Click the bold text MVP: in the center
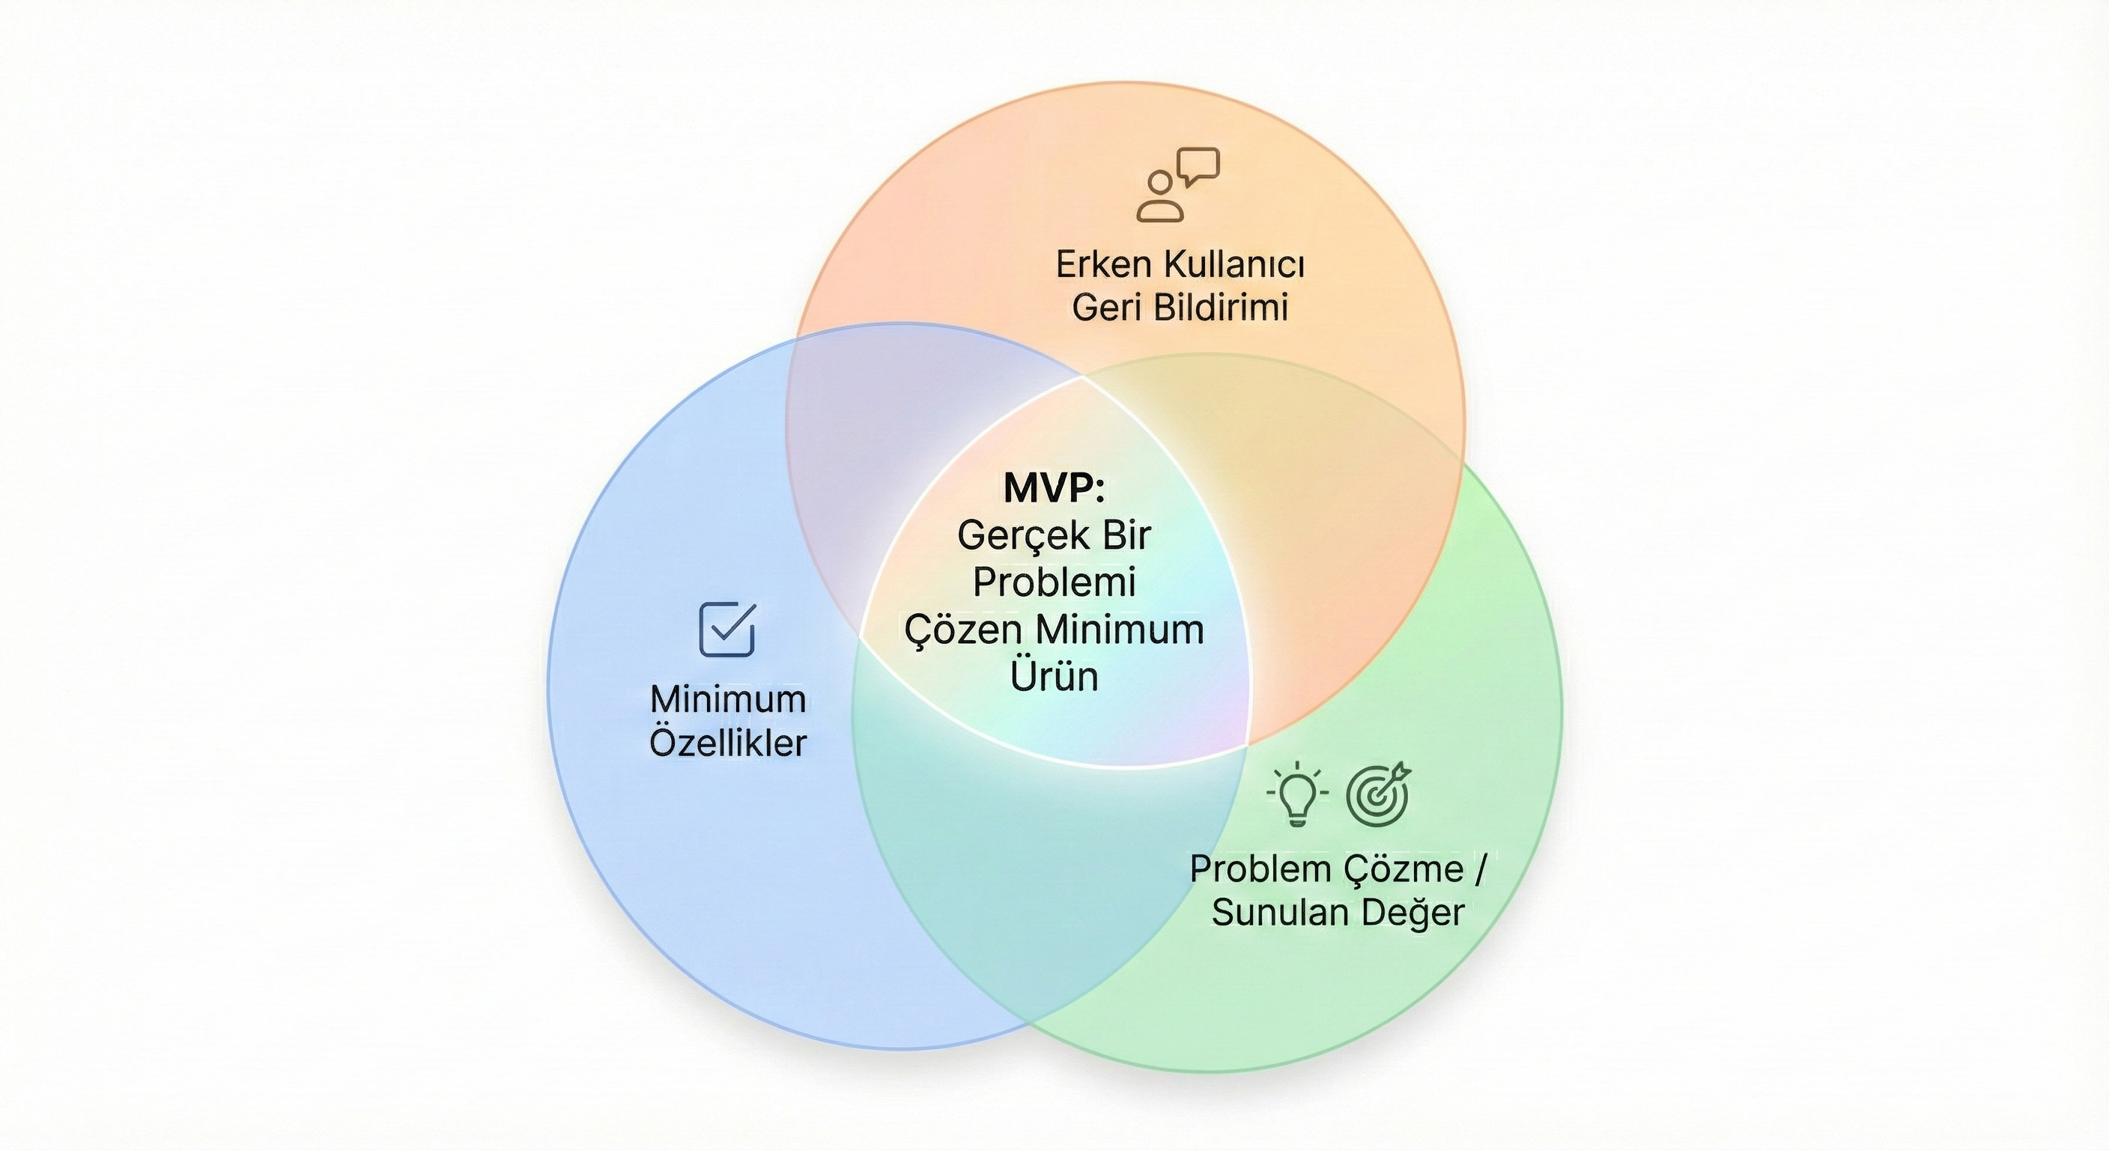[1054, 489]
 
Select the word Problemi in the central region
[1054, 582]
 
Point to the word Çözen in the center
[963, 630]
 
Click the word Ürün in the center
[1054, 677]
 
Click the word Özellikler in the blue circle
[728, 743]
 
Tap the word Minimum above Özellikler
[728, 700]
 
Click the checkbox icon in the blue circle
[727, 630]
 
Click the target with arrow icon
[1379, 793]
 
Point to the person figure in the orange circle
[1160, 197]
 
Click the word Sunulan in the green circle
[1281, 913]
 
